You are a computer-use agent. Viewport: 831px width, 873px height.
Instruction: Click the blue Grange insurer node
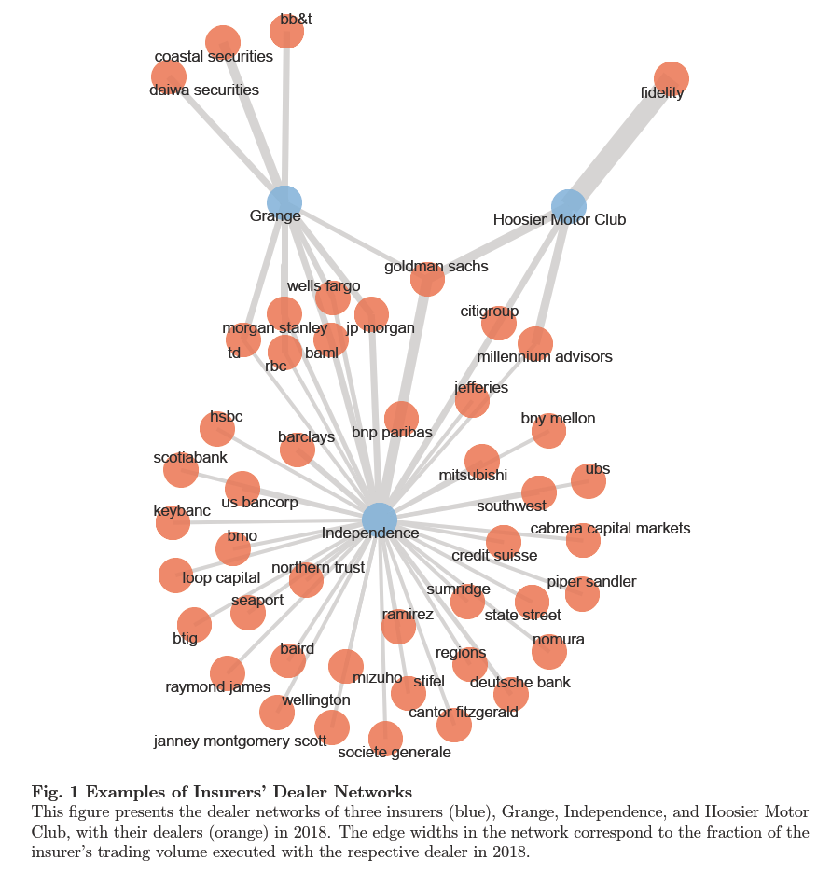click(x=284, y=202)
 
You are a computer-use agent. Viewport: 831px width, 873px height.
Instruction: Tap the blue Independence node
click(x=379, y=520)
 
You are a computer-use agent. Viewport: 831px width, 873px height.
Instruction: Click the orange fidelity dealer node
click(x=671, y=78)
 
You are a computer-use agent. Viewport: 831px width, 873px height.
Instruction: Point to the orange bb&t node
click(x=286, y=31)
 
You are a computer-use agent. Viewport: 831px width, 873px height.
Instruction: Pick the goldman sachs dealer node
click(x=427, y=279)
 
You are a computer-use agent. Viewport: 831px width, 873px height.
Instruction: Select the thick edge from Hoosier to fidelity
click(x=619, y=143)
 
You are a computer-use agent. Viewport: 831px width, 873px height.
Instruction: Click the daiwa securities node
click(x=169, y=76)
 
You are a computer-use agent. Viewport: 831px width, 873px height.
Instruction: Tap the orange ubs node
click(x=589, y=481)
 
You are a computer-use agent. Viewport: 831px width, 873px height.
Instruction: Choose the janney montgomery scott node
click(x=277, y=713)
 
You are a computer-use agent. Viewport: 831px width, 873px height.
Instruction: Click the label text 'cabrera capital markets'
click(x=610, y=529)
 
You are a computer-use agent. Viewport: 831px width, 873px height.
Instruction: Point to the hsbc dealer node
click(x=217, y=429)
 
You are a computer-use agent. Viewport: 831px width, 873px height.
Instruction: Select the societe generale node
click(x=385, y=738)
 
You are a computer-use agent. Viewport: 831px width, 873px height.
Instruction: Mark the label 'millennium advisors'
click(x=545, y=357)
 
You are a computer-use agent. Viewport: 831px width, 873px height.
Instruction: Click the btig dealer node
click(x=194, y=624)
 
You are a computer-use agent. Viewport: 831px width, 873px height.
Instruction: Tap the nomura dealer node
click(x=549, y=652)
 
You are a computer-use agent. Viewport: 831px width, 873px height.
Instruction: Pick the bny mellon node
click(x=548, y=431)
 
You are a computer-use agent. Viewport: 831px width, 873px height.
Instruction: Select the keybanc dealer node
click(x=173, y=523)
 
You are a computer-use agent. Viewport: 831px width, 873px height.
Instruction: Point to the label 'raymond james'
click(x=217, y=687)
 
